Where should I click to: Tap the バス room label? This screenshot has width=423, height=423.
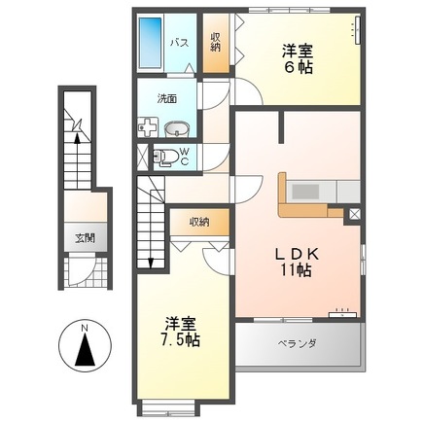pos(180,43)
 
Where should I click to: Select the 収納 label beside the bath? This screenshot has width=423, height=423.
pos(216,43)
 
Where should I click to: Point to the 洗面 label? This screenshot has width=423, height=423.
pos(169,97)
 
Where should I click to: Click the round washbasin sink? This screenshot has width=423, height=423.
pos(176,128)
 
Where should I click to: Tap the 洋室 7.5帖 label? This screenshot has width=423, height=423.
pos(181,333)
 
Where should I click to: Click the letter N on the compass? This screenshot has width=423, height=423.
pos(84,328)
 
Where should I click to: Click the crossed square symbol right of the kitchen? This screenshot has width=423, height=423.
pos(352,214)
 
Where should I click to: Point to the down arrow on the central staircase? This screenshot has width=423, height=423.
pos(151,261)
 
